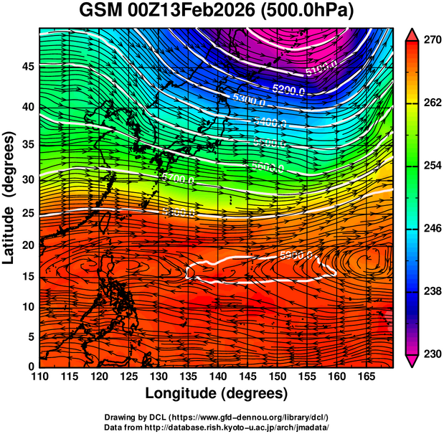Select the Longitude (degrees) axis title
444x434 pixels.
click(216, 393)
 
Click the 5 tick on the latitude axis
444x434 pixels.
click(30, 336)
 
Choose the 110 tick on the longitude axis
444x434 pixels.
click(39, 376)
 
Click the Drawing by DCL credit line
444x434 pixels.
click(216, 417)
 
